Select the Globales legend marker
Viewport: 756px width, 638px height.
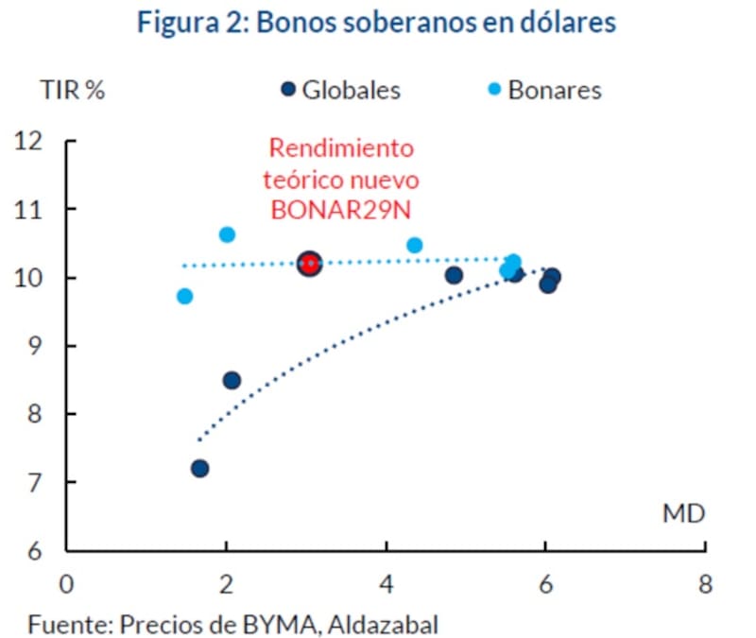(289, 90)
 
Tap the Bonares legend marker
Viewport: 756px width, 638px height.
(494, 90)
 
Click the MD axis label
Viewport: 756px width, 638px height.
(683, 513)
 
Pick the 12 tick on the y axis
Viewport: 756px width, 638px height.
(30, 141)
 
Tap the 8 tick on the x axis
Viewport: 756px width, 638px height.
(705, 582)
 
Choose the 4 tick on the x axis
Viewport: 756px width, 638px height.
(386, 582)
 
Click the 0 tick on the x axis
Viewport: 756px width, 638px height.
(66, 582)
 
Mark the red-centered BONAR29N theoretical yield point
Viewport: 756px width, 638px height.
(309, 264)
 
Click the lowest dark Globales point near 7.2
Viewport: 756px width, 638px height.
(199, 468)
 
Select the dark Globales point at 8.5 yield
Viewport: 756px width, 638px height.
(232, 380)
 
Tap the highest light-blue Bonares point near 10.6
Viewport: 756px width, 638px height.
(227, 234)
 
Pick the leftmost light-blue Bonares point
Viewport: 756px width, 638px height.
(184, 296)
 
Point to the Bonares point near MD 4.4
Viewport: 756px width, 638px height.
(414, 245)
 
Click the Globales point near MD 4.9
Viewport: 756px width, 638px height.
(454, 275)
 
